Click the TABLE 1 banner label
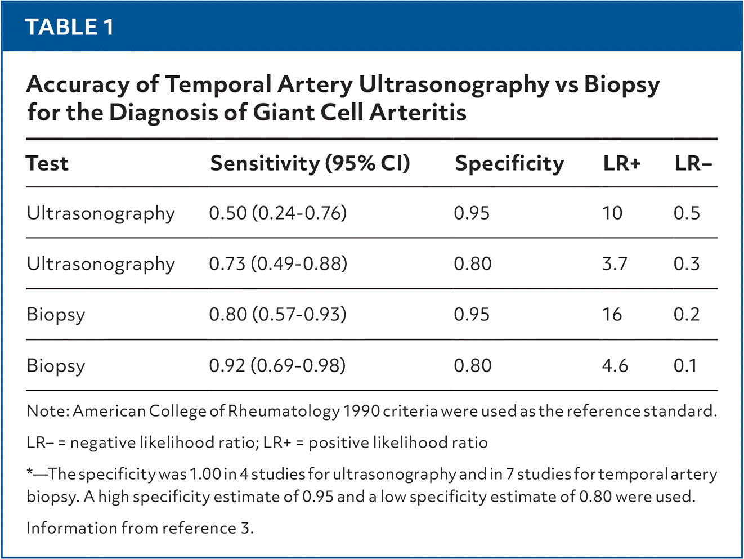click(69, 27)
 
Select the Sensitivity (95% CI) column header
click(310, 163)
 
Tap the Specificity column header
click(509, 164)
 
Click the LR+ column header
click(622, 163)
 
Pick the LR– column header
click(693, 163)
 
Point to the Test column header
click(47, 163)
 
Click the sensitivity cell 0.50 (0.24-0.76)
click(278, 213)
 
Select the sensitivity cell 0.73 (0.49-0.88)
click(278, 263)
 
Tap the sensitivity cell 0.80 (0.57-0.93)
click(278, 314)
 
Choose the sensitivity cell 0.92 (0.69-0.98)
click(277, 365)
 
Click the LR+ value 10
click(612, 213)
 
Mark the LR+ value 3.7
click(615, 263)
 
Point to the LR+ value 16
click(612, 314)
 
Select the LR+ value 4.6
click(615, 365)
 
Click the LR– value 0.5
click(687, 213)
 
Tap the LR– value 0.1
click(685, 365)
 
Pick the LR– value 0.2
click(687, 314)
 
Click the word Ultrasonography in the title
click(454, 86)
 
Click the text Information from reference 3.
click(140, 528)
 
